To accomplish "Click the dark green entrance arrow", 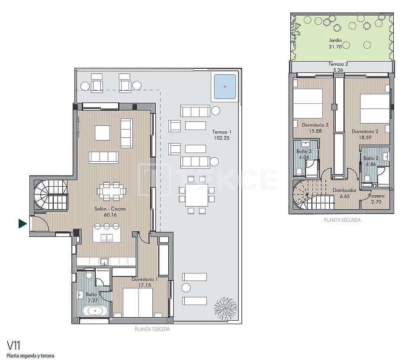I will [x=22, y=223].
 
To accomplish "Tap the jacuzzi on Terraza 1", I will [x=225, y=86].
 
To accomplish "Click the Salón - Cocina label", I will [x=110, y=209].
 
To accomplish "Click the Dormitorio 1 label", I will [x=144, y=279].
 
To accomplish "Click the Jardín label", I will [x=335, y=40].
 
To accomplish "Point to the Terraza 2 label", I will [x=338, y=64].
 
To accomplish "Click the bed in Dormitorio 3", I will [x=308, y=103].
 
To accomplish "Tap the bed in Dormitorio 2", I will [x=375, y=108].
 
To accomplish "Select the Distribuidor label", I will [x=344, y=190].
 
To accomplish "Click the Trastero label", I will [x=376, y=196].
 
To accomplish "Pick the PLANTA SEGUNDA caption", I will [x=342, y=220].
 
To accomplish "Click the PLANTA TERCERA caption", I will [x=152, y=329].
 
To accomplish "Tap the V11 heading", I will [x=14, y=345].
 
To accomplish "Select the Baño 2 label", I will [x=371, y=158].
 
